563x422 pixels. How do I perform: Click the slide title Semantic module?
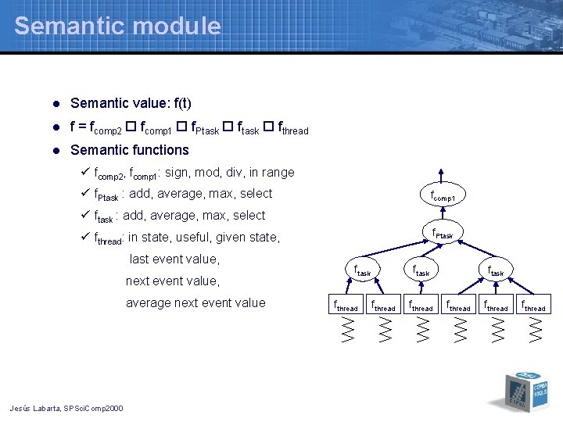tap(117, 26)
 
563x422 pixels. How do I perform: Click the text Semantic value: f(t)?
tap(131, 103)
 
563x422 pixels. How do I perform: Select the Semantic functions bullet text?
tap(130, 150)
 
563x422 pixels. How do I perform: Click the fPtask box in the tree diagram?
tap(447, 234)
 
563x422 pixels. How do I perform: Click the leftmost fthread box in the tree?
tap(346, 306)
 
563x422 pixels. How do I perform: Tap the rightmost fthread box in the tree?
tap(534, 306)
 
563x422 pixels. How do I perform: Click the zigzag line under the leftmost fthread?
tap(347, 330)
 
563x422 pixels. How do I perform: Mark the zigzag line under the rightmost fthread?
tap(535, 330)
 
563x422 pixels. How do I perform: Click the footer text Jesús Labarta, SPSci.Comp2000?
tap(66, 408)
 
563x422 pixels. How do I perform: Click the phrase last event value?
tap(174, 259)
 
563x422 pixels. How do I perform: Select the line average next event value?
tap(195, 303)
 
